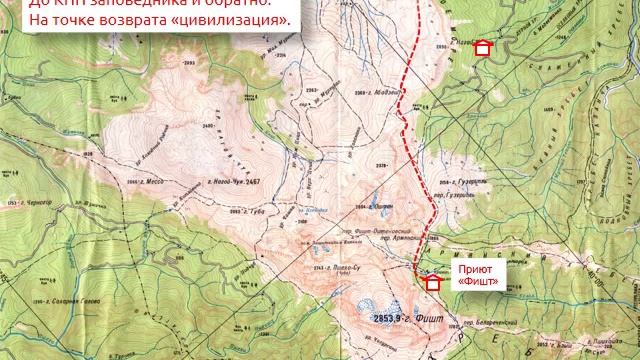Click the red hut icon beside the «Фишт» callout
tap(433, 283)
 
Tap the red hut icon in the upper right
tap(483, 47)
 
